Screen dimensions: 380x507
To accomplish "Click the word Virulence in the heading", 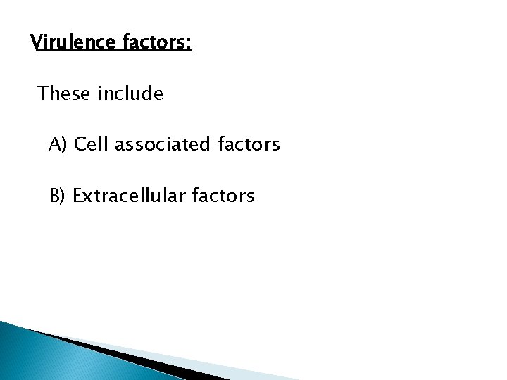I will click(x=69, y=43).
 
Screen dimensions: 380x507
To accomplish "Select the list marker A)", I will click(x=58, y=145).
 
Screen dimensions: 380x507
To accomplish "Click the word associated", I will click(x=156, y=145).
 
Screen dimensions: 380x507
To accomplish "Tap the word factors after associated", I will click(x=245, y=145).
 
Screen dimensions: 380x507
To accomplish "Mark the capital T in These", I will click(x=42, y=94).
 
